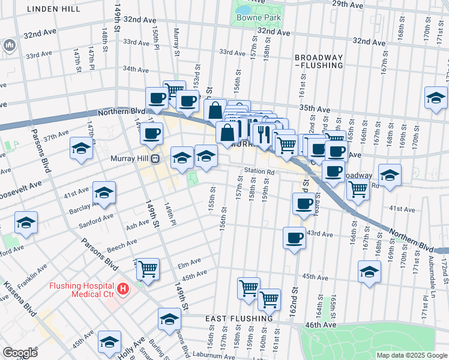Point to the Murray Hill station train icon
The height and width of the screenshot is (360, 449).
(x=155, y=159)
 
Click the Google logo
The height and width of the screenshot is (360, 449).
(x=19, y=352)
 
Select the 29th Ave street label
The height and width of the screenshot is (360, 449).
(x=348, y=4)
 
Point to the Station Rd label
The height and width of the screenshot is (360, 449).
(x=259, y=172)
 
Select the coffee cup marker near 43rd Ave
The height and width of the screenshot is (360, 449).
(x=294, y=238)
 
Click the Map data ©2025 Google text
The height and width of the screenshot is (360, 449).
(x=411, y=355)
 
